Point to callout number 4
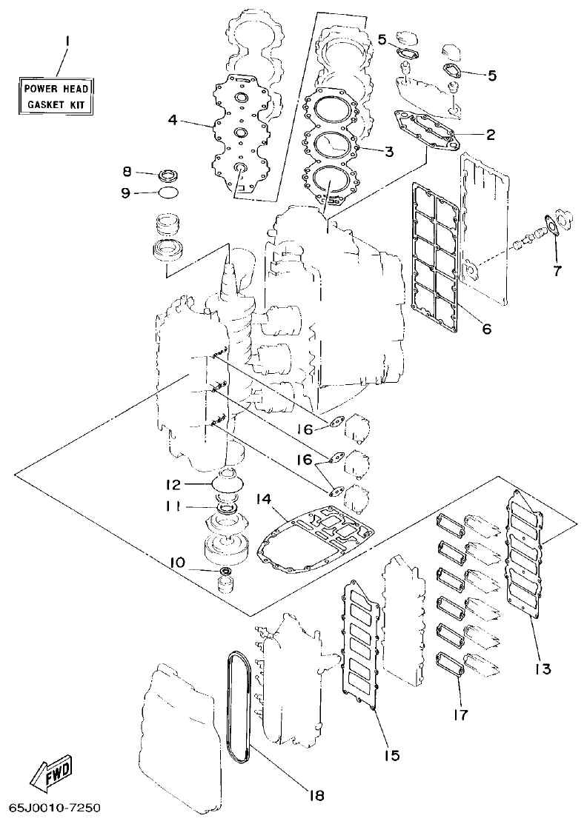tap(172, 118)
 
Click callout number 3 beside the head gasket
tap(388, 152)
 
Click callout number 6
tap(486, 328)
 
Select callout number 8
tap(127, 172)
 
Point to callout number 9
tap(127, 192)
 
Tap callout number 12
tap(172, 485)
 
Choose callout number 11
tap(172, 506)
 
